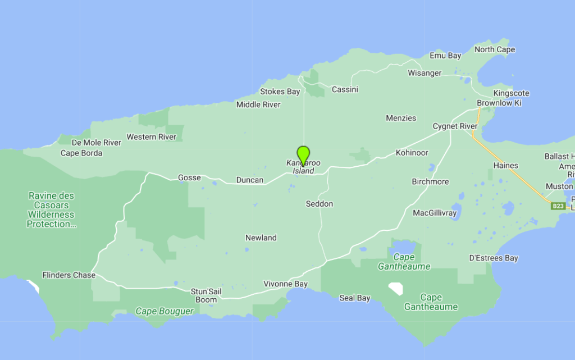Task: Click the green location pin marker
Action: [303, 154]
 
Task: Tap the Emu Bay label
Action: [445, 56]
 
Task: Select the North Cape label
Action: [495, 49]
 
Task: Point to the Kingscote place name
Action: [511, 93]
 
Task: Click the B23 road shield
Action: [558, 206]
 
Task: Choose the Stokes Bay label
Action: [280, 92]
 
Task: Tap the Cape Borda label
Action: [81, 153]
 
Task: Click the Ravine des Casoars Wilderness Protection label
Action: [51, 210]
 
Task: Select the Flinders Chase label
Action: [69, 275]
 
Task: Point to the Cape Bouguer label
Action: [165, 311]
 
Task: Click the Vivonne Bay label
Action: [286, 284]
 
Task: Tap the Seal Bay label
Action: [355, 298]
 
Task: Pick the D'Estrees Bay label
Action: [493, 258]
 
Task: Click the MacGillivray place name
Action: [435, 213]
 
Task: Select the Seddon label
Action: [320, 204]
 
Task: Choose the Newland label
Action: [261, 238]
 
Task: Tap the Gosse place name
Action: [189, 177]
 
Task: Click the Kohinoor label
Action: [412, 153]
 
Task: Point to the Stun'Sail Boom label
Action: [206, 295]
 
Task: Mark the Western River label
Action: [151, 137]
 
